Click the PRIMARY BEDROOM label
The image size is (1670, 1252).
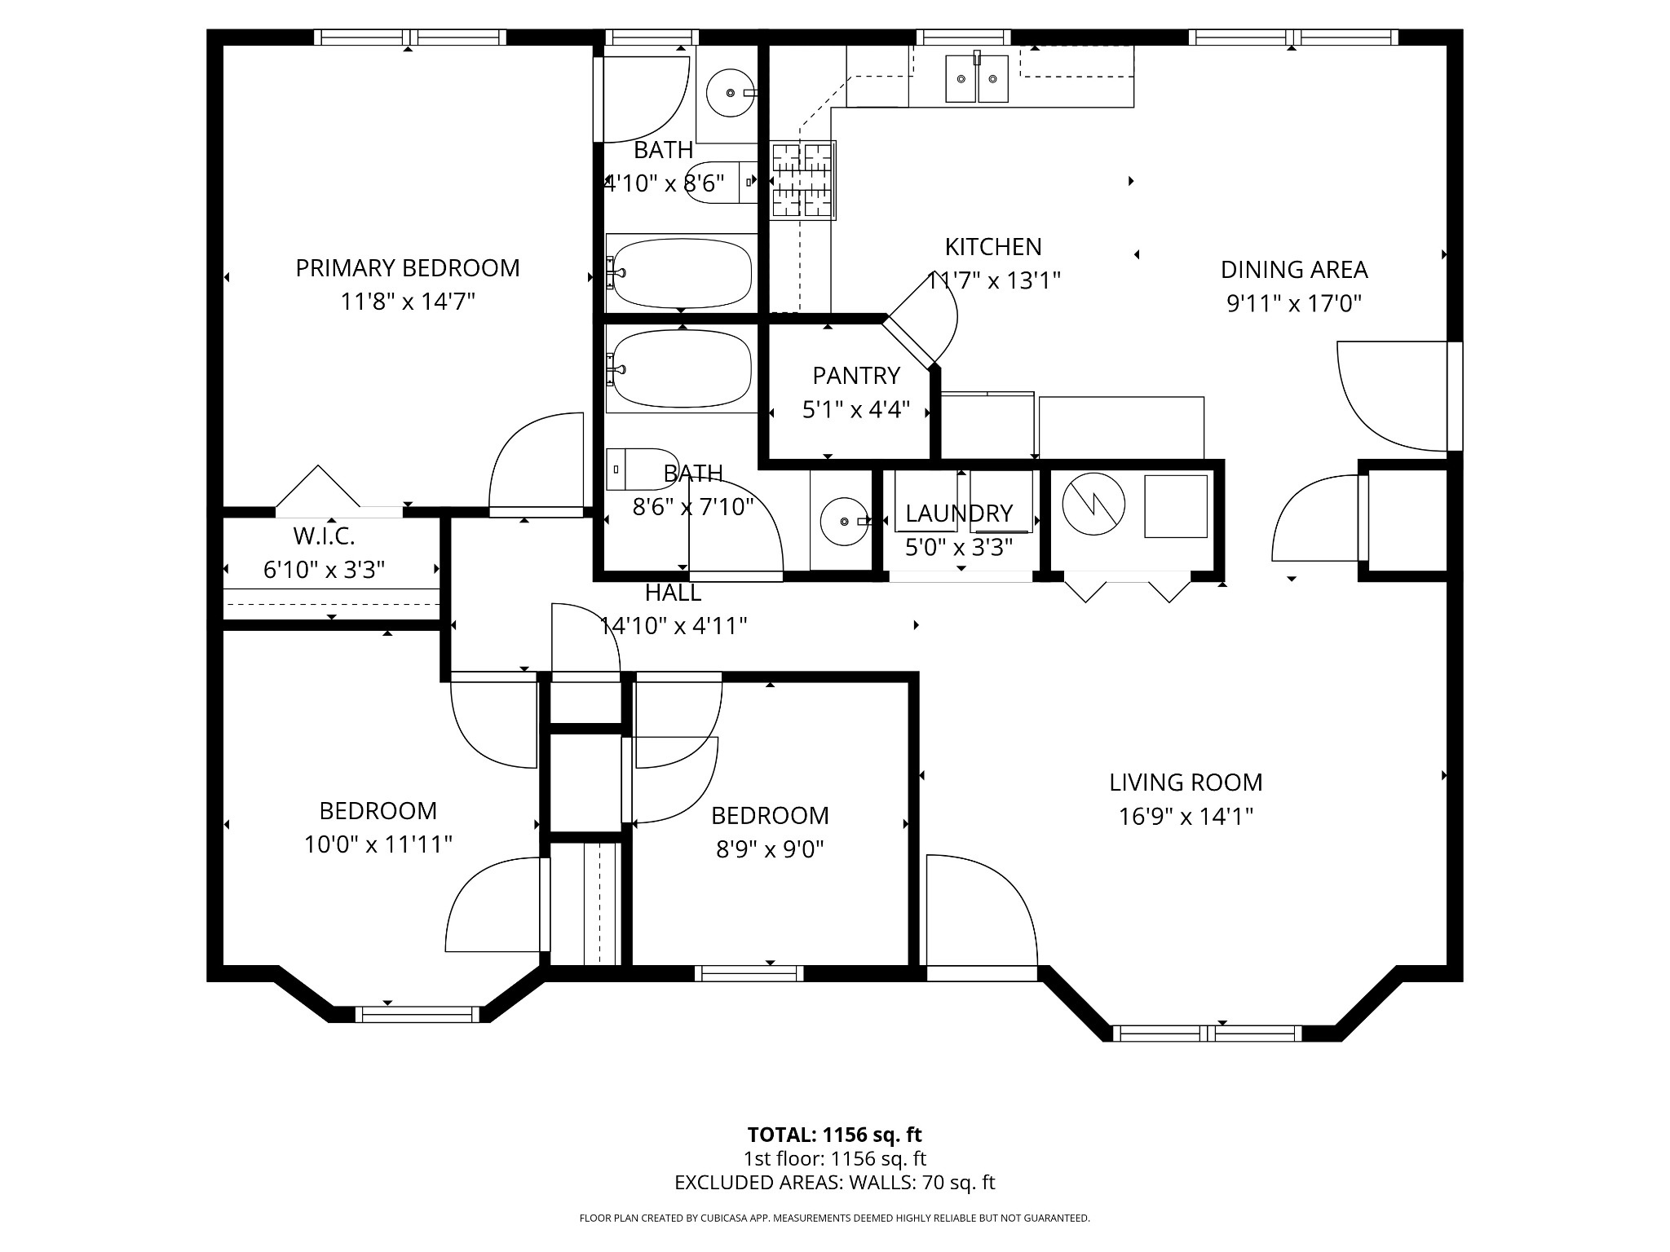point(407,268)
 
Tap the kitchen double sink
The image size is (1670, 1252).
point(977,78)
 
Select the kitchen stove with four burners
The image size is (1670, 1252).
point(803,181)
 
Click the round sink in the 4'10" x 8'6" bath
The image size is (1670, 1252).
point(729,93)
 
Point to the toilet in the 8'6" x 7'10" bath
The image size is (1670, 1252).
point(643,468)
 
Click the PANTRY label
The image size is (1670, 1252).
point(855,376)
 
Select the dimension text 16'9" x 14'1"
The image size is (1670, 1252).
point(1186,816)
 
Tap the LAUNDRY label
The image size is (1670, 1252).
point(959,514)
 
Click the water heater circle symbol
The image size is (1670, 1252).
point(1093,505)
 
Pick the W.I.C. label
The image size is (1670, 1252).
point(324,536)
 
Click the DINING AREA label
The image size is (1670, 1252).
point(1294,270)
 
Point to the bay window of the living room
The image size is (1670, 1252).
point(1208,1033)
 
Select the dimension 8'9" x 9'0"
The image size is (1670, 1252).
point(770,849)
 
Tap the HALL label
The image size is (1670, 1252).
point(673,593)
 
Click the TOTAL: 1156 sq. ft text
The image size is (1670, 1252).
point(834,1135)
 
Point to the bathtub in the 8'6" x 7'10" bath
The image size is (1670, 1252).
point(682,369)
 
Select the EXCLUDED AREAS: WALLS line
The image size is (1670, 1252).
point(834,1183)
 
